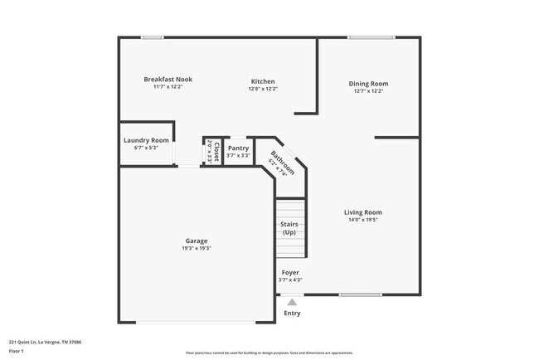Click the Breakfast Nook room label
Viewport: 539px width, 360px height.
(x=168, y=80)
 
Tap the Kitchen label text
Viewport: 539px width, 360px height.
(x=263, y=81)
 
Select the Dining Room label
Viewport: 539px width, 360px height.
(x=368, y=84)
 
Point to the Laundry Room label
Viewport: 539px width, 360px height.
(x=146, y=141)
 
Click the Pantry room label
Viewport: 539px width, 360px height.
(x=238, y=148)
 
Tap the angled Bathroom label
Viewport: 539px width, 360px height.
(x=282, y=159)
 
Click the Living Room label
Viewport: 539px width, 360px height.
(x=362, y=212)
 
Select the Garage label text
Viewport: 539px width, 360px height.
(x=197, y=241)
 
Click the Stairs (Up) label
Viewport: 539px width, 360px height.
(x=289, y=228)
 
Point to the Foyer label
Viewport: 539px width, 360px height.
(x=289, y=272)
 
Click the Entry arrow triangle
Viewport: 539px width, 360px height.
(x=291, y=303)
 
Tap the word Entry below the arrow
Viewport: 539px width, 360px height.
(x=292, y=314)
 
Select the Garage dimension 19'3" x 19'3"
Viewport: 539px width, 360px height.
(x=197, y=249)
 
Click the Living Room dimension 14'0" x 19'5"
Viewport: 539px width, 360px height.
(x=362, y=221)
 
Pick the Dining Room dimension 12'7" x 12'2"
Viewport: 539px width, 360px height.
(x=368, y=91)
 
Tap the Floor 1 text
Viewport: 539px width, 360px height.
(x=17, y=349)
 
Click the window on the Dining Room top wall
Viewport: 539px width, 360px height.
(x=371, y=37)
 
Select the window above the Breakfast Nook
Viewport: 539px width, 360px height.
(x=152, y=37)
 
